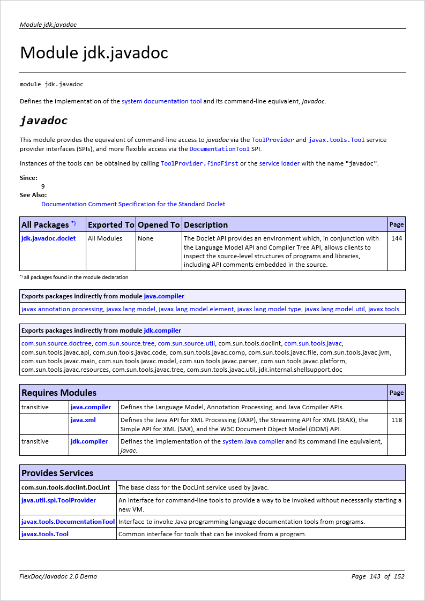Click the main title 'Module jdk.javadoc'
(x=94, y=53)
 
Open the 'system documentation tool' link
(x=161, y=101)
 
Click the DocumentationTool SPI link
(x=219, y=149)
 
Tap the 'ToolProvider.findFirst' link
(x=199, y=163)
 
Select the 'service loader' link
(x=279, y=163)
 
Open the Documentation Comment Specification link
(x=133, y=204)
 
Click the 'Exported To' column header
(x=111, y=224)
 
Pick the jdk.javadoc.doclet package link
(x=48, y=238)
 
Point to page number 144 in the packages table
(x=397, y=238)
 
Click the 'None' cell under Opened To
(x=145, y=238)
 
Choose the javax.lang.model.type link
(x=269, y=309)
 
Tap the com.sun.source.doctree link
(x=56, y=343)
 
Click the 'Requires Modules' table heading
(x=59, y=393)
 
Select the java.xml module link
(x=83, y=420)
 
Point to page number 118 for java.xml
(x=397, y=420)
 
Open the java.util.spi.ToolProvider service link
(x=58, y=500)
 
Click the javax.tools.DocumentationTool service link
(x=68, y=522)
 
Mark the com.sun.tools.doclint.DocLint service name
(x=65, y=487)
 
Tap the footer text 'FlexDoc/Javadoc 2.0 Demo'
(x=58, y=576)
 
